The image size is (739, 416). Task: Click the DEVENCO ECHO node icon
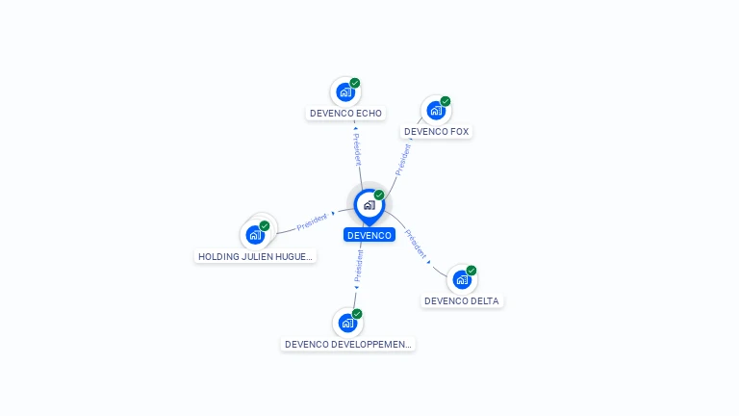(x=345, y=92)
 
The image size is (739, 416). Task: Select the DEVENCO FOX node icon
(x=436, y=111)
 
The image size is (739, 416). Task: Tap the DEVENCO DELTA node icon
(x=462, y=279)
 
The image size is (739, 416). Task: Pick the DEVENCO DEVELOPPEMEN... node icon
(x=347, y=324)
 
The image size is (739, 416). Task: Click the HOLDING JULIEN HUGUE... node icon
(x=255, y=235)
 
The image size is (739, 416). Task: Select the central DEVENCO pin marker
(x=369, y=207)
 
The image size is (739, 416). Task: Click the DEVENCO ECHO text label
(x=346, y=114)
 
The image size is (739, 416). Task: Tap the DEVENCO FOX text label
(x=437, y=132)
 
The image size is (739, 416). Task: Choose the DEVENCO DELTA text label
(x=462, y=300)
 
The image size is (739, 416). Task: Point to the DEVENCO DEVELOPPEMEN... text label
(x=347, y=345)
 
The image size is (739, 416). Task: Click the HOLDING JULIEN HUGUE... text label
(x=255, y=256)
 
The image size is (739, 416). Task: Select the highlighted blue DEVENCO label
(x=369, y=235)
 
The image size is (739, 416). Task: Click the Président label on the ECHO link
(x=358, y=149)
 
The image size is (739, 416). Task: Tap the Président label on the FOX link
(x=403, y=160)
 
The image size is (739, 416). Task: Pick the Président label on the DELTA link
(x=416, y=244)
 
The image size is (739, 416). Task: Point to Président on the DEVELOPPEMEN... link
(x=359, y=266)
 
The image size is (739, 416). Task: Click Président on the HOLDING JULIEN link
(x=312, y=222)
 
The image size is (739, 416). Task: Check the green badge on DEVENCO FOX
(x=446, y=101)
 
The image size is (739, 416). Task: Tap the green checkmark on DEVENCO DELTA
(x=471, y=271)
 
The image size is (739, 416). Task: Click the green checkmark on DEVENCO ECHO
(x=355, y=83)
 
